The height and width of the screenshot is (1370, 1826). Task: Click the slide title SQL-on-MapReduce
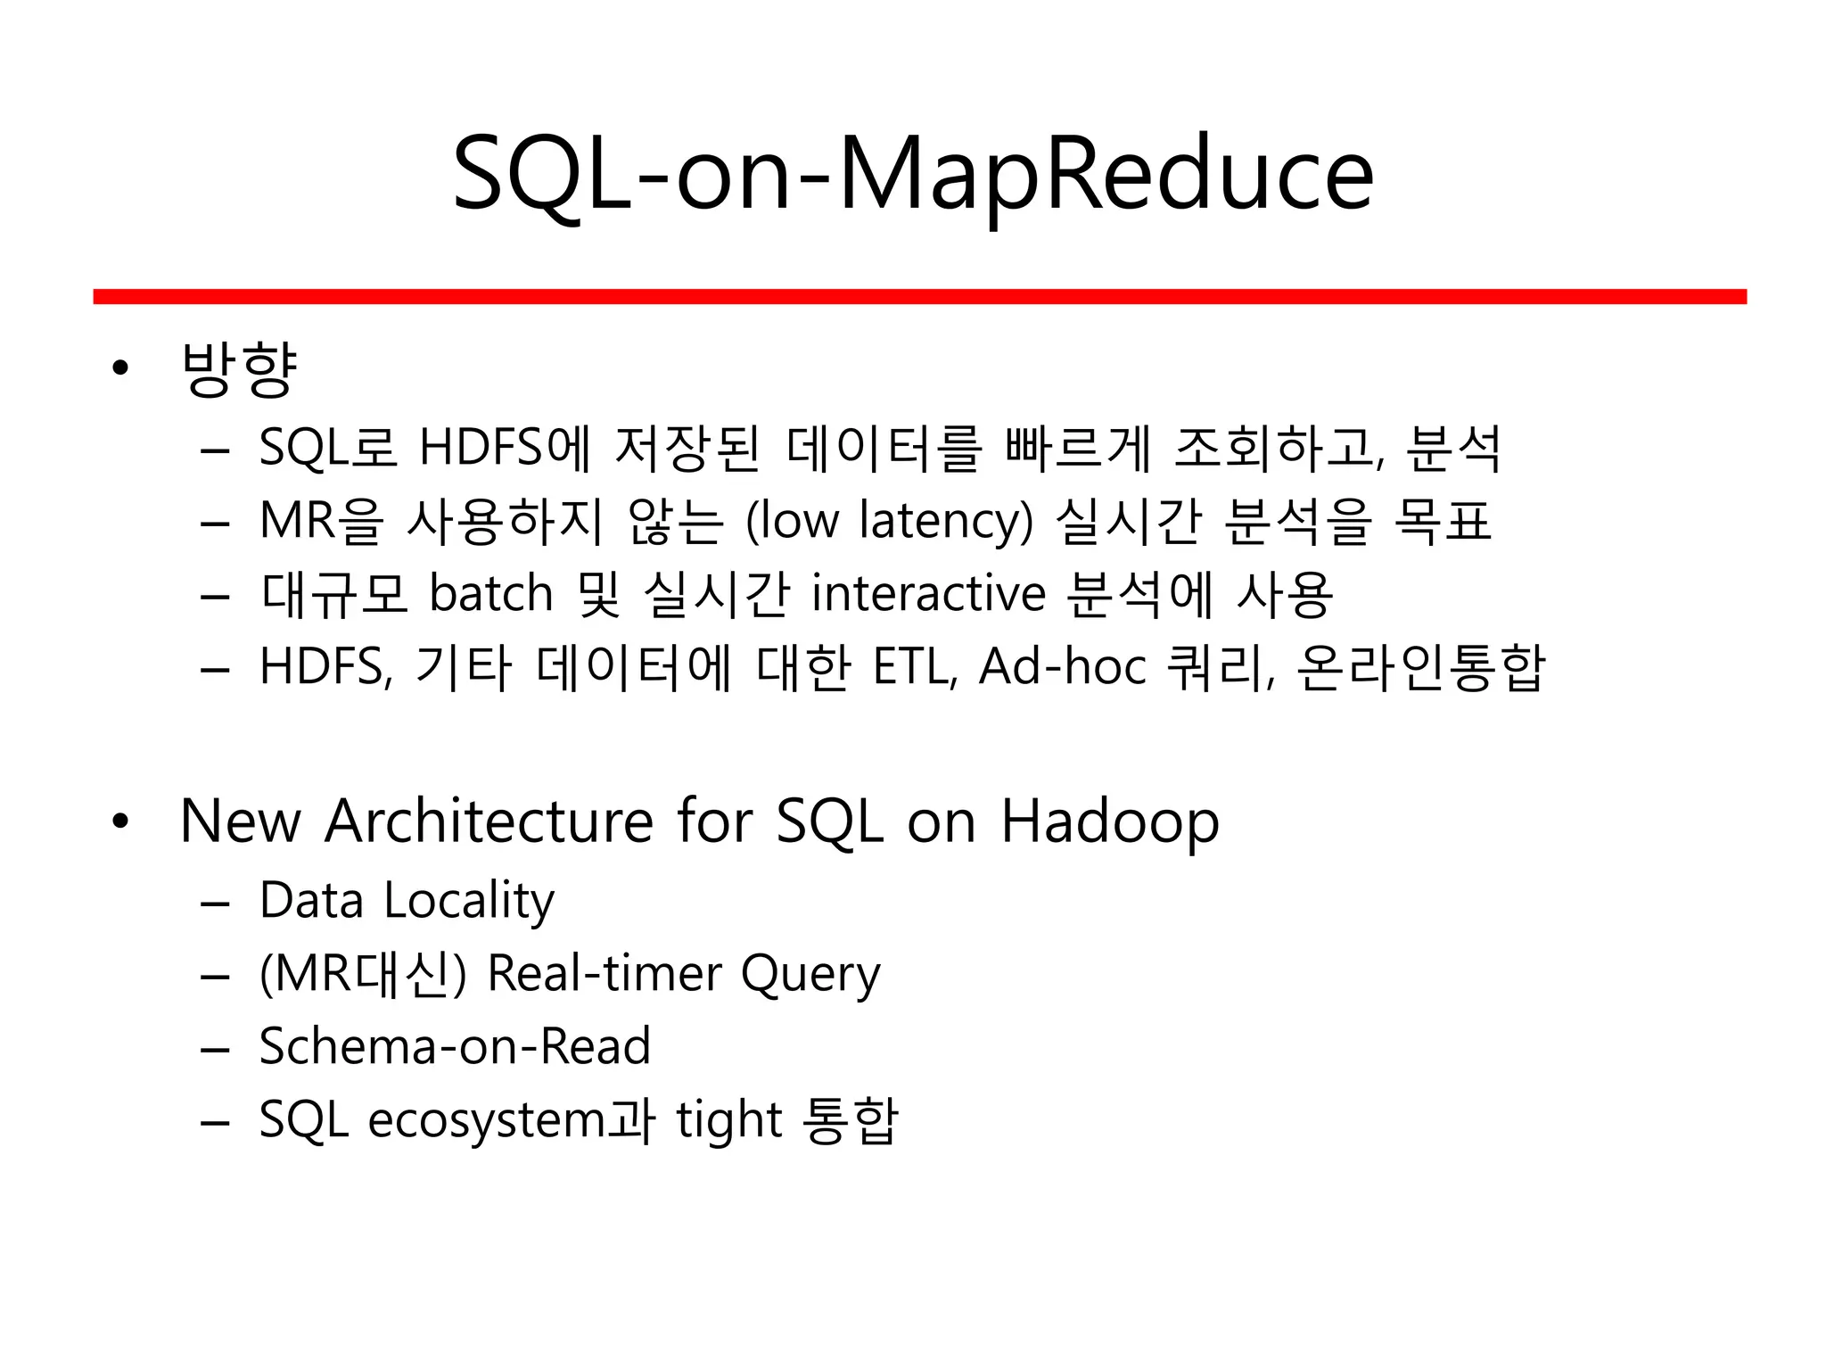(913, 174)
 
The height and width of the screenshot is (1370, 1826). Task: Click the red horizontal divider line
(918, 296)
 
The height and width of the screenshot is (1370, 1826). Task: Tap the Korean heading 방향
(238, 367)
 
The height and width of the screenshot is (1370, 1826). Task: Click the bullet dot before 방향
(121, 367)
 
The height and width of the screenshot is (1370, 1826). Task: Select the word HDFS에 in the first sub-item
(505, 448)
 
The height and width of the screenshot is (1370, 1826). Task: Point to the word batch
(490, 594)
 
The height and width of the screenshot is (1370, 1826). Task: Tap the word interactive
(928, 594)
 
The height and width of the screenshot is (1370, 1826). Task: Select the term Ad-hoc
(1062, 667)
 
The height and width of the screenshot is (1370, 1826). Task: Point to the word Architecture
(489, 821)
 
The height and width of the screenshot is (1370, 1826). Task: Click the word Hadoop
(1109, 822)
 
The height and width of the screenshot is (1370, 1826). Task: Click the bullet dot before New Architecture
(121, 821)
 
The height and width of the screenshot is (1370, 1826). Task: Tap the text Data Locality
(407, 901)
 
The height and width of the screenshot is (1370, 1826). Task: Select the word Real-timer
(604, 973)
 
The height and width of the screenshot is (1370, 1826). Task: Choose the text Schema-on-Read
(455, 1046)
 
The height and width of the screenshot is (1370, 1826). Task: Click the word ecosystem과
(511, 1120)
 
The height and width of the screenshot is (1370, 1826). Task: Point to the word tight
(728, 1121)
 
